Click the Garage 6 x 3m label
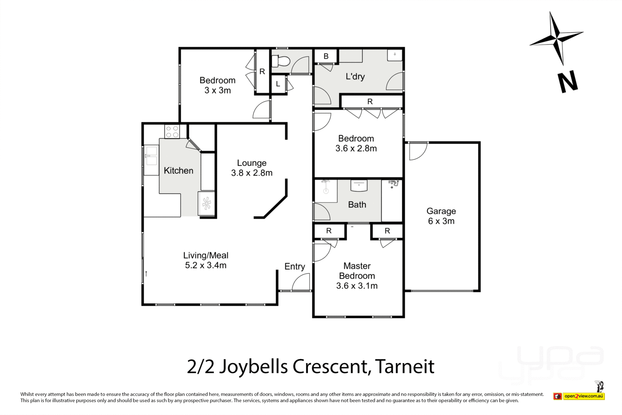[x=441, y=216]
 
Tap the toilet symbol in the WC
[x=281, y=61]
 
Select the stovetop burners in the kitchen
[x=171, y=131]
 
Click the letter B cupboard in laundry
[x=326, y=56]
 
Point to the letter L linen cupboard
[x=278, y=84]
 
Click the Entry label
[x=294, y=266]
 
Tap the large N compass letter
[x=568, y=82]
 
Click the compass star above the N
[x=557, y=38]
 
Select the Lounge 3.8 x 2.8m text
[x=252, y=168]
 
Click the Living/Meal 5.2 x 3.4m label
[x=206, y=260]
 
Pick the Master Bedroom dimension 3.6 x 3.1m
[x=356, y=286]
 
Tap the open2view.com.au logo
[x=583, y=396]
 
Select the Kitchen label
[x=178, y=170]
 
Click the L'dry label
[x=355, y=76]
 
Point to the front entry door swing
[x=301, y=283]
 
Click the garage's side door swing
[x=418, y=151]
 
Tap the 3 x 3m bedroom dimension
[x=217, y=90]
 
